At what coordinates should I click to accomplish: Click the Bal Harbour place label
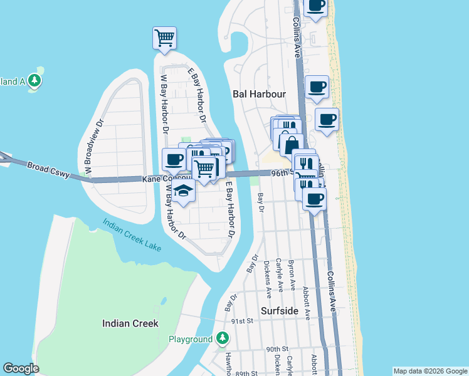pyautogui.click(x=259, y=94)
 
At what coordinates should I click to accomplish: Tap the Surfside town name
pyautogui.click(x=280, y=311)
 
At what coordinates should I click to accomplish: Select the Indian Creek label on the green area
pyautogui.click(x=130, y=323)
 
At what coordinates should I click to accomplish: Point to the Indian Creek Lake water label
pyautogui.click(x=132, y=234)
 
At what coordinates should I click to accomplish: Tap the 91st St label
pyautogui.click(x=241, y=320)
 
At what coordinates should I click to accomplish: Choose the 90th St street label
pyautogui.click(x=277, y=349)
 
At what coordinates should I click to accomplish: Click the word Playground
pyautogui.click(x=191, y=339)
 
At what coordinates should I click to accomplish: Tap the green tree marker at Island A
pyautogui.click(x=35, y=80)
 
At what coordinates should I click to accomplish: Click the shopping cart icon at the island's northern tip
pyautogui.click(x=164, y=38)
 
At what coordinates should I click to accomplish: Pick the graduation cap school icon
pyautogui.click(x=183, y=191)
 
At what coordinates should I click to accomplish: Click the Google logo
pyautogui.click(x=21, y=368)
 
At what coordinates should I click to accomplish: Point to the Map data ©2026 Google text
pyautogui.click(x=430, y=371)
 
